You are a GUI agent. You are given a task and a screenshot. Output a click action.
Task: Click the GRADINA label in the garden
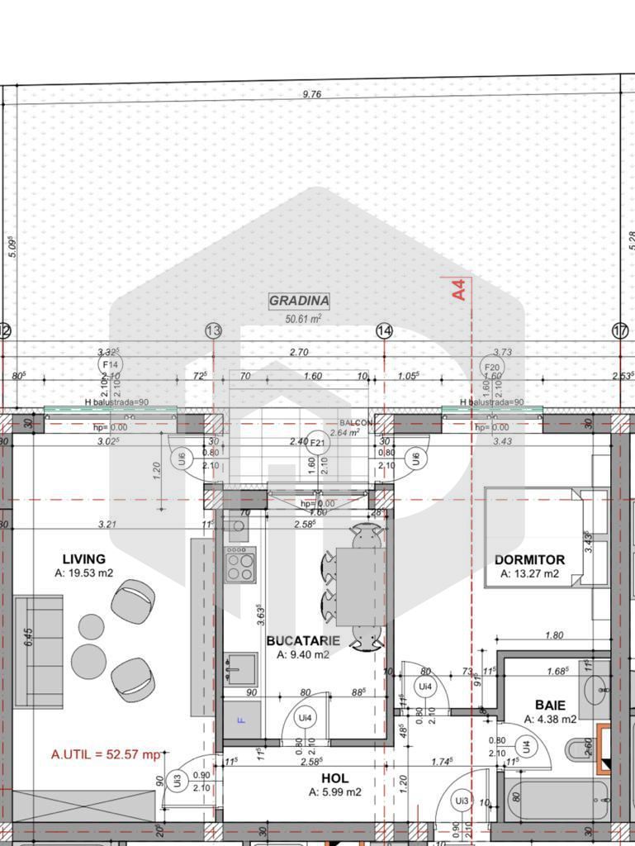click(299, 301)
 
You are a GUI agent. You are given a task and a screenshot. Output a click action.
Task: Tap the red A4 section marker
click(459, 288)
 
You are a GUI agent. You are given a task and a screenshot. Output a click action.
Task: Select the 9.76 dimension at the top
click(311, 94)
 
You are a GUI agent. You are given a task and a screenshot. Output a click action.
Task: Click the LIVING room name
click(83, 559)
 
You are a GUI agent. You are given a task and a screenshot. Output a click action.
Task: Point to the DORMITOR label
click(529, 559)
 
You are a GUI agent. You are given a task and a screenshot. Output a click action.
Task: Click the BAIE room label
click(550, 706)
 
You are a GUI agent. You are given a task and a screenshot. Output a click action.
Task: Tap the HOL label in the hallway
click(334, 778)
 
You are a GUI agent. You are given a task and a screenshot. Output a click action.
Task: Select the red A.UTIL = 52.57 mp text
click(106, 753)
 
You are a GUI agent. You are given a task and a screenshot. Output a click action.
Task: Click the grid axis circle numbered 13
click(213, 331)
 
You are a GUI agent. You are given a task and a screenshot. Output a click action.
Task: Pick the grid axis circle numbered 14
click(384, 331)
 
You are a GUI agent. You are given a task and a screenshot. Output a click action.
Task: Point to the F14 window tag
click(109, 364)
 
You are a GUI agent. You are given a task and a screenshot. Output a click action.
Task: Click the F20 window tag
click(492, 367)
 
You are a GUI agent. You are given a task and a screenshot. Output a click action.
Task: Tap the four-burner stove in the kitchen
click(241, 566)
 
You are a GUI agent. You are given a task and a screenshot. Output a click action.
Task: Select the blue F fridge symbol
click(241, 720)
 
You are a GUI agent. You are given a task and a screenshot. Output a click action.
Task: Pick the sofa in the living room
click(38, 651)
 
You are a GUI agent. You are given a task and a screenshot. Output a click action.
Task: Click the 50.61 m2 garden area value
click(302, 318)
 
